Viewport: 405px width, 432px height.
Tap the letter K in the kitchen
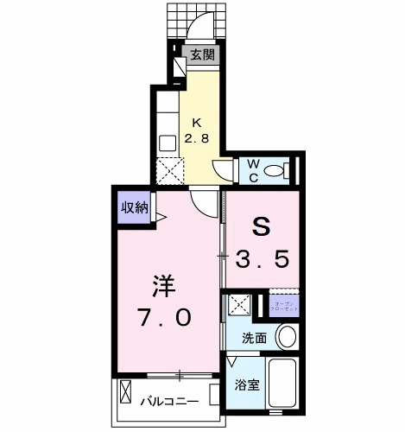coord(195,121)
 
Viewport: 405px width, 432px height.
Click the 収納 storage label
coord(134,207)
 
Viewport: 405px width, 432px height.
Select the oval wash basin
coord(287,336)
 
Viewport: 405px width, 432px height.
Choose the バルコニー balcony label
coord(169,401)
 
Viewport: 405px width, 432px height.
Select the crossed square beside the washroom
coord(239,306)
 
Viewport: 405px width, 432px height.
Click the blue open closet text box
coord(282,304)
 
